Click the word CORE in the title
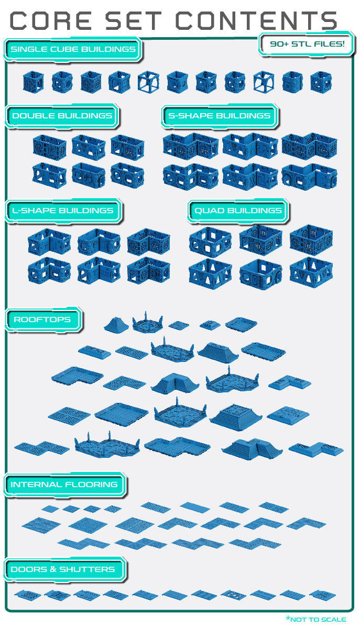point(51,21)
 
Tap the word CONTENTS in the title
point(256,21)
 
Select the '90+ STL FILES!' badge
point(307,43)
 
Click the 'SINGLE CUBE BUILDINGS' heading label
point(73,49)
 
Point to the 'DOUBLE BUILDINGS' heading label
point(62,116)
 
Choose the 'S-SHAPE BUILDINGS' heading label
point(220,116)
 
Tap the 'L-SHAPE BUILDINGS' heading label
point(63,211)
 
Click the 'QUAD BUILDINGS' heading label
point(238,211)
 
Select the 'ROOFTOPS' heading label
point(42,320)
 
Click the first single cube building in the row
point(33,82)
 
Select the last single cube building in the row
point(321,82)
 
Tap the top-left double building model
point(50,147)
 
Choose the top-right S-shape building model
point(309,146)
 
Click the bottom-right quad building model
point(311,273)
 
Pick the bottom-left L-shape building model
point(49,270)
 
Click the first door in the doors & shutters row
point(28,595)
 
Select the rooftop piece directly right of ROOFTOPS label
point(116,324)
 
